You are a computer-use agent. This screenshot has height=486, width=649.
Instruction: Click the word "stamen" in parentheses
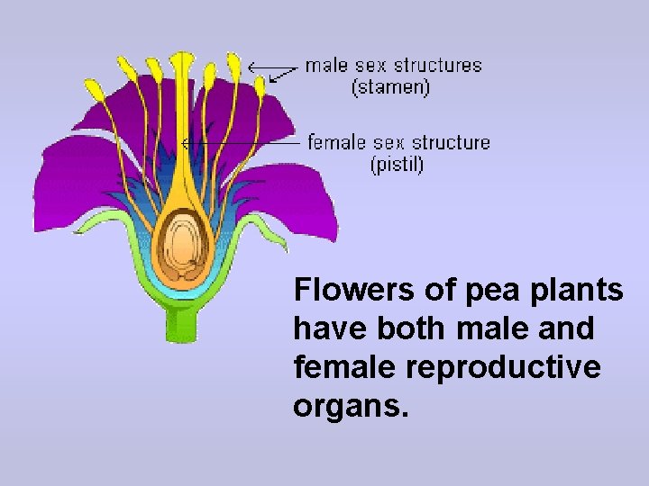pyautogui.click(x=390, y=87)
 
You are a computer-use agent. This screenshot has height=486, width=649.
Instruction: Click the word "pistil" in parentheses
pyautogui.click(x=398, y=165)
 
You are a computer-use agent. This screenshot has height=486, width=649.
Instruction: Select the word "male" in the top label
pyautogui.click(x=326, y=66)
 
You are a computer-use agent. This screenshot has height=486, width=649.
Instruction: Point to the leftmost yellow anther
pyautogui.click(x=94, y=88)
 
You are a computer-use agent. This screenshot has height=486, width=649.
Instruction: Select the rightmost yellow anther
pyautogui.click(x=261, y=85)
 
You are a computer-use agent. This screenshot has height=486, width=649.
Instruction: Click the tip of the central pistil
pyautogui.click(x=183, y=58)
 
